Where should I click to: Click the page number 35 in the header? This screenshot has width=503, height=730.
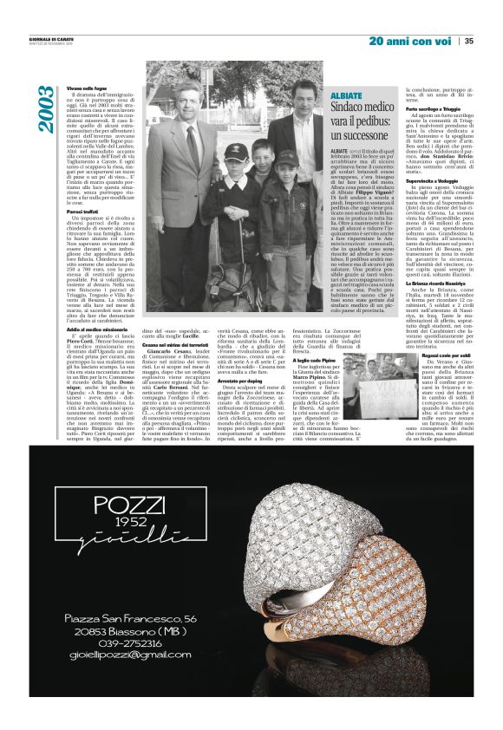coord(469,40)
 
